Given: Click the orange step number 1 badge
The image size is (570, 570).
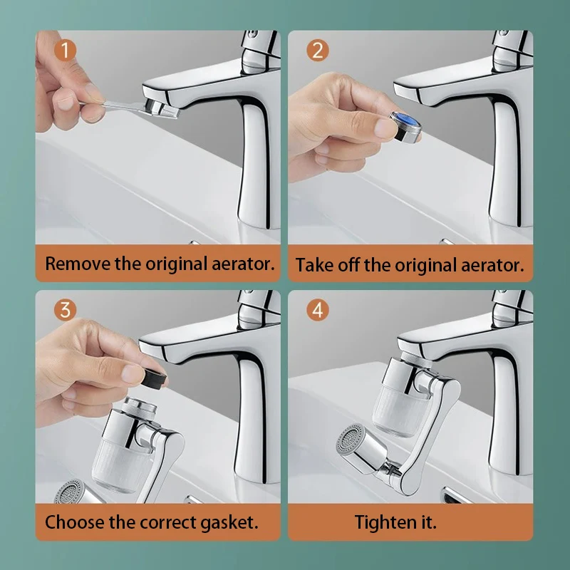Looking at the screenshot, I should coord(66,51).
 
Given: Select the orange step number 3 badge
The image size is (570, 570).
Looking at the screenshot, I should coord(66,310).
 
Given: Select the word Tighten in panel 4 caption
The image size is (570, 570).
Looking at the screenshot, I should coord(382,522).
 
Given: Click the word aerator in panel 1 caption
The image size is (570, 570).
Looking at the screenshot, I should coord(239,263).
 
